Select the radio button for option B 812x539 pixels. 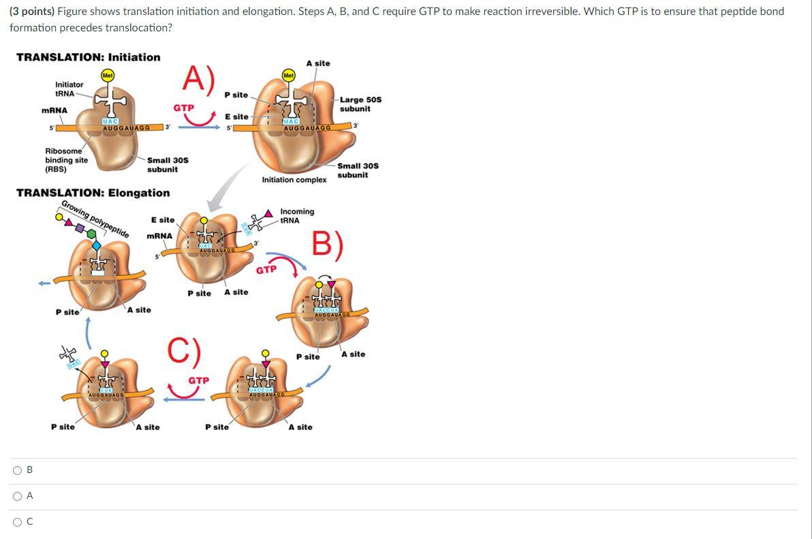pos(16,470)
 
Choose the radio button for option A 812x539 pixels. pos(16,496)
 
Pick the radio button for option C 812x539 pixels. pos(16,522)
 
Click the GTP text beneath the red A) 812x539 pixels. pos(183,108)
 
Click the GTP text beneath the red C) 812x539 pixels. pos(198,380)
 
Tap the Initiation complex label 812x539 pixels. pos(294,180)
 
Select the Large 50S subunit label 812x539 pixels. pos(360,104)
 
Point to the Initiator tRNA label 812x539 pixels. pos(69,89)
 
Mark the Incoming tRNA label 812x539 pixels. pos(297,215)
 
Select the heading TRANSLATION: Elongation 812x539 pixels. pos(93,193)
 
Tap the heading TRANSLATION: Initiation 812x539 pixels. pos(88,57)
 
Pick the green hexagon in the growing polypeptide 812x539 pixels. pos(91,234)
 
